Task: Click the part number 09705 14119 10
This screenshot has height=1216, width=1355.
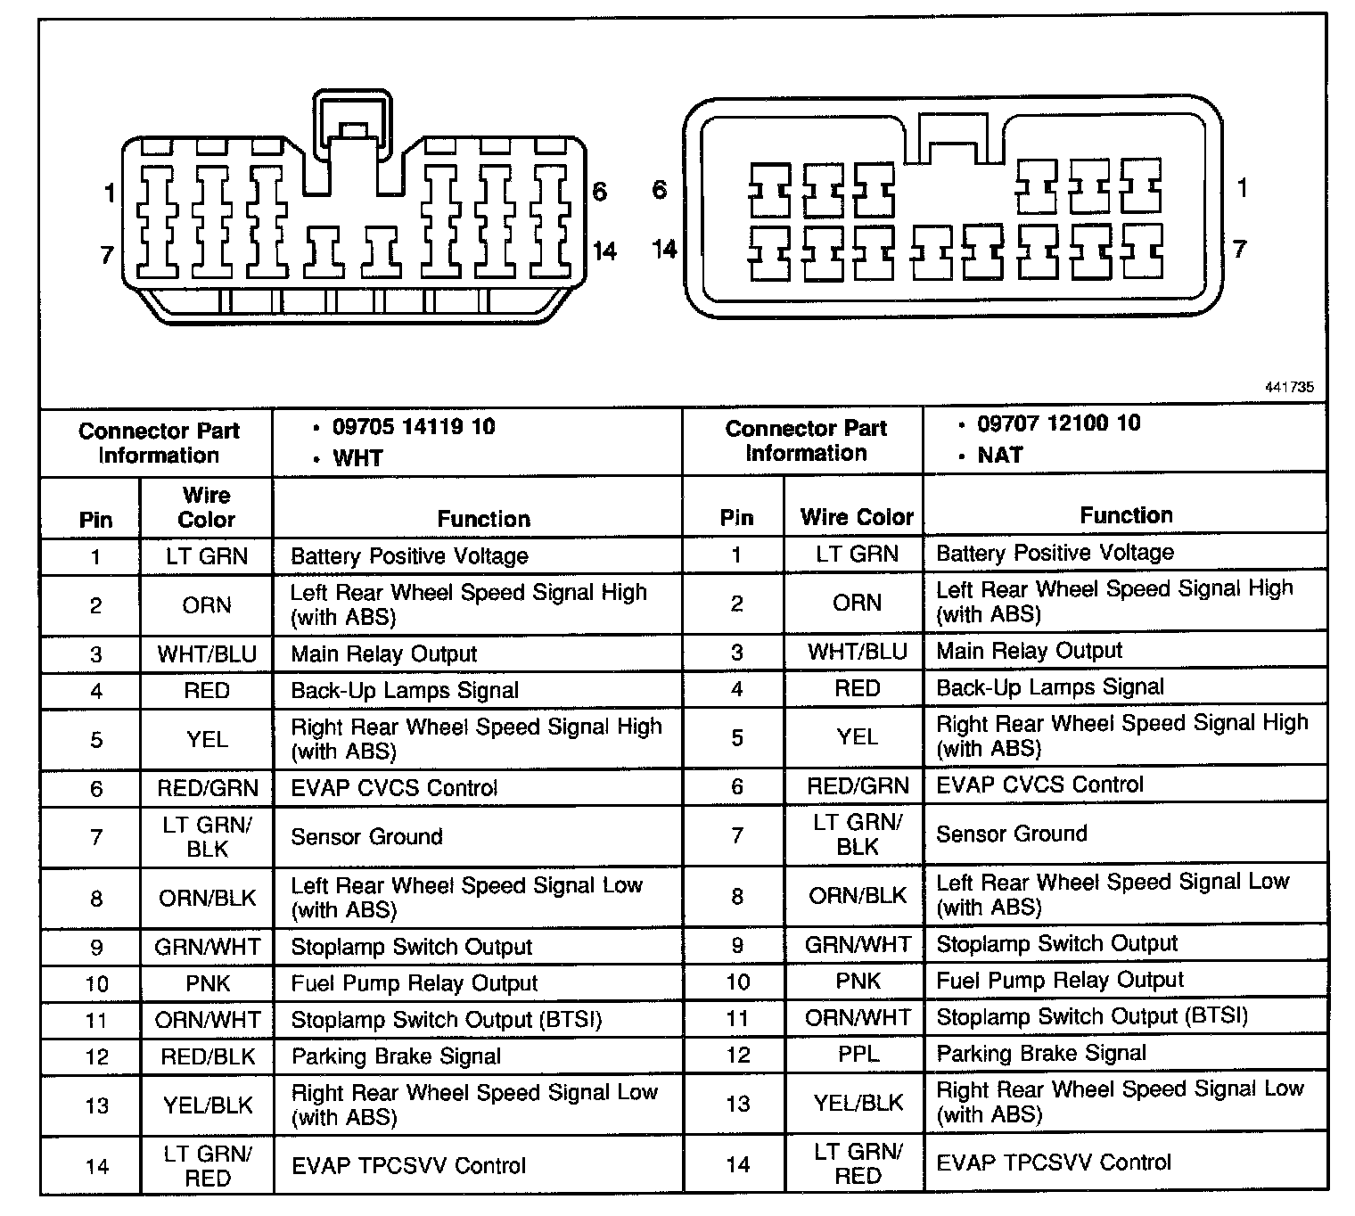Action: [x=413, y=426]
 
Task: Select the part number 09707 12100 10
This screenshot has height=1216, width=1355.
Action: [x=1058, y=423]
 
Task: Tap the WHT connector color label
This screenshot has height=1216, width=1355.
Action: [x=357, y=458]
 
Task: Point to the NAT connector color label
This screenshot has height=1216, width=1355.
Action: [x=999, y=456]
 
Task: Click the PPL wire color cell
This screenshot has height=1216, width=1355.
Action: [x=858, y=1054]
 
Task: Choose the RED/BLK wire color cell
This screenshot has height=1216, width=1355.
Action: [x=208, y=1056]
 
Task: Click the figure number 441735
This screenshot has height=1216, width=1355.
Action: [x=1288, y=388]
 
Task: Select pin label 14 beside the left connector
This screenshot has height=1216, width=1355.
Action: [x=604, y=251]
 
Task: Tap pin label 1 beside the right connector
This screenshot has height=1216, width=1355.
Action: [x=1242, y=188]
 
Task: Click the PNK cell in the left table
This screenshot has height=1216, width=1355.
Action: [x=208, y=983]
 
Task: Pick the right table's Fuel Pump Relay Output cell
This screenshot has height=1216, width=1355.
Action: [x=1059, y=981]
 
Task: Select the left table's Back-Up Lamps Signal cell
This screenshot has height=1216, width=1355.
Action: [x=405, y=691]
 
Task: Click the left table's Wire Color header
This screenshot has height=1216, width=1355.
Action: [x=207, y=507]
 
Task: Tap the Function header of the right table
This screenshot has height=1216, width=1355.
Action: [x=1126, y=514]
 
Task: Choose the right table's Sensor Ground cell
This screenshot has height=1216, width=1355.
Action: [x=1011, y=834]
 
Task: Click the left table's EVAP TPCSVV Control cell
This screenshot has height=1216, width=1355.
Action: [x=408, y=1165]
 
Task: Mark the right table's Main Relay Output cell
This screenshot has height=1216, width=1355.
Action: [x=1029, y=651]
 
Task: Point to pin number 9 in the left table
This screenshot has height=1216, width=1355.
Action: [x=96, y=947]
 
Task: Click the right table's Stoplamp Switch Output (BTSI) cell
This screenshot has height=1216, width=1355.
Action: [x=1091, y=1016]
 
